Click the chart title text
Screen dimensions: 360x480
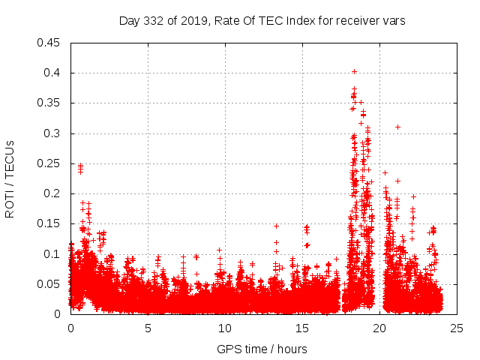[x=262, y=21]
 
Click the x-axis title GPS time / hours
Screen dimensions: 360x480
[x=262, y=349]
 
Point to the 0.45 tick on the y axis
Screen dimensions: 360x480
[x=49, y=43]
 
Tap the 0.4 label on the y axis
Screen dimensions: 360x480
[x=52, y=73]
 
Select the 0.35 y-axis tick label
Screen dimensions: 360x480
[x=49, y=103]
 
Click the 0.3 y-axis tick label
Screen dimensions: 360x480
[x=52, y=133]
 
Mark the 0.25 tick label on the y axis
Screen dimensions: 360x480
[x=49, y=163]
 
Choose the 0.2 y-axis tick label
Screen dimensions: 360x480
[x=52, y=193]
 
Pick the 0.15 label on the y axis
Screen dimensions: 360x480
[x=49, y=223]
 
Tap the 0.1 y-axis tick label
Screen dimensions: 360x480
[x=52, y=254]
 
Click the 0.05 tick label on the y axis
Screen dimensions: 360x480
[x=49, y=284]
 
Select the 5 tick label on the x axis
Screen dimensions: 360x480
[x=148, y=328]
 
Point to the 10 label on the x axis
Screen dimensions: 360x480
[x=225, y=328]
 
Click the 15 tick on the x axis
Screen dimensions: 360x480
[x=302, y=328]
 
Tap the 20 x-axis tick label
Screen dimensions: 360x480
[x=379, y=328]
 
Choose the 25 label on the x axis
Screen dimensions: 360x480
[x=457, y=328]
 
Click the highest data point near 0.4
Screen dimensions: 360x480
[x=354, y=72]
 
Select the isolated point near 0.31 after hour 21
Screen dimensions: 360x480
[x=397, y=127]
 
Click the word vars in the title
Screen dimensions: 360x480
[x=393, y=21]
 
